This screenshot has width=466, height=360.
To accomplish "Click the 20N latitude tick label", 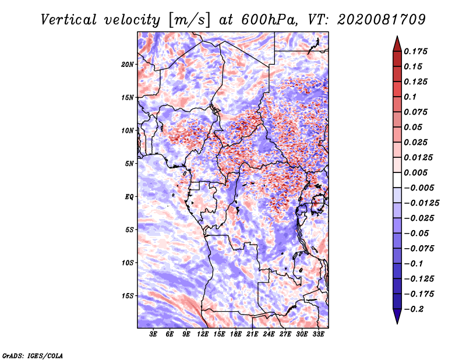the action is point(128,65).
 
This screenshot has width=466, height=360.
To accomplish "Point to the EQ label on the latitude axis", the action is point(129,197).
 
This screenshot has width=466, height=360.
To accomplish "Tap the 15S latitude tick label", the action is point(128,296).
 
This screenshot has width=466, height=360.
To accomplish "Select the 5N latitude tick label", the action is point(129,164).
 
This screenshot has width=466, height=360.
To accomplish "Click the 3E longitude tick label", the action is point(153,334).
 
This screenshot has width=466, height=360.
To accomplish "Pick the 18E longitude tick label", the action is point(236,334).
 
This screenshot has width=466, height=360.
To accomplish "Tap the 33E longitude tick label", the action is point(318,334).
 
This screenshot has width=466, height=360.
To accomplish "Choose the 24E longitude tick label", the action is point(269,334).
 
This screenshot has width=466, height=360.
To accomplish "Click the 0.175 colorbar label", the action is point(415,51).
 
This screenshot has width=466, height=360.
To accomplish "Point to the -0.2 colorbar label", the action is point(414,309).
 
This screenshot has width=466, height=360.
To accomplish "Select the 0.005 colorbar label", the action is point(415,172).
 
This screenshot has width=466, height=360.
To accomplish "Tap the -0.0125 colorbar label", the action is point(421,203).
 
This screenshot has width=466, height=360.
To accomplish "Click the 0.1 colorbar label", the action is point(410,97).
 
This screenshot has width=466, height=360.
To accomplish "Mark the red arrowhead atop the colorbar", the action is point(397,44).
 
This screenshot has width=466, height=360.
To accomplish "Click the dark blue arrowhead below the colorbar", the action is point(397,316).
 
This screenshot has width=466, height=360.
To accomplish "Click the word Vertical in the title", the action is point(69,20).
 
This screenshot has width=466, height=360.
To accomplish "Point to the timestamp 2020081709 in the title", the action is point(382,20).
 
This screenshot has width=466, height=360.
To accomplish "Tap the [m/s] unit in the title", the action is point(189,20).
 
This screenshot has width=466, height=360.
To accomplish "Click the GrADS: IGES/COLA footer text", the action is point(33,355).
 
